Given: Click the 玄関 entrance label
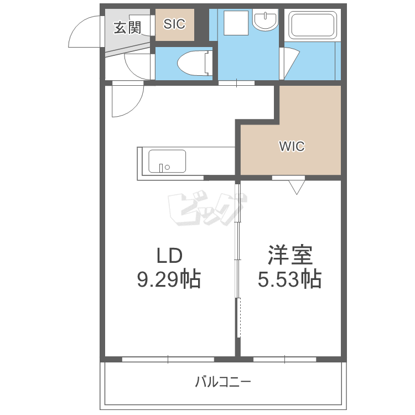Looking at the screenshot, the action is [x=127, y=28].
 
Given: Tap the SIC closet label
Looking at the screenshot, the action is [x=174, y=24].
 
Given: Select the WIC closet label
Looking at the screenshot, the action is [x=292, y=146].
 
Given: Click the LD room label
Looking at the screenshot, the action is [x=169, y=256].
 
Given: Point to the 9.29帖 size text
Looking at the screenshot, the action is [x=169, y=279].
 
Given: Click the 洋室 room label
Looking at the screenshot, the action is [x=290, y=255].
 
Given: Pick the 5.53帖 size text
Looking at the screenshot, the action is [x=290, y=279].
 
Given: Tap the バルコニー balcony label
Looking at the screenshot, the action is [x=223, y=382].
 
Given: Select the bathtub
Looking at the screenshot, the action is [x=312, y=25].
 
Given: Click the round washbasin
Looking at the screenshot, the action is [x=265, y=19].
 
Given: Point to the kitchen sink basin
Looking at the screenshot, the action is [x=167, y=161].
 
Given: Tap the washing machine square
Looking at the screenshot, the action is [x=236, y=23].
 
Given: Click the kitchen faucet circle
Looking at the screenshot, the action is [x=167, y=167].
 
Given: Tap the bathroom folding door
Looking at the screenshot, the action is [x=289, y=63].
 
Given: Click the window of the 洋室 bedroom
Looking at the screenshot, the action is [x=285, y=360].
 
